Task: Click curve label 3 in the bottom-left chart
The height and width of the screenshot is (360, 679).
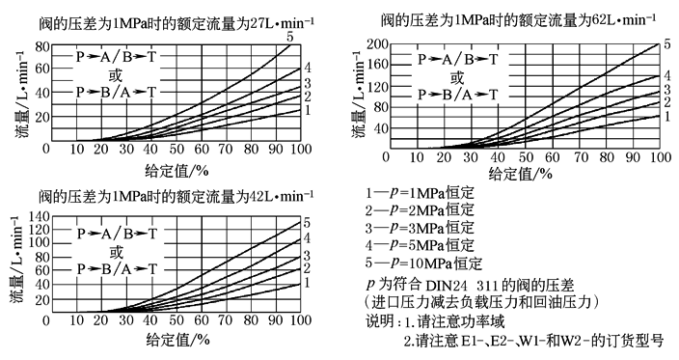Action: point(307,257)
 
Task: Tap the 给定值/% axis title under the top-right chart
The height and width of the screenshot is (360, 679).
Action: point(521,175)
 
